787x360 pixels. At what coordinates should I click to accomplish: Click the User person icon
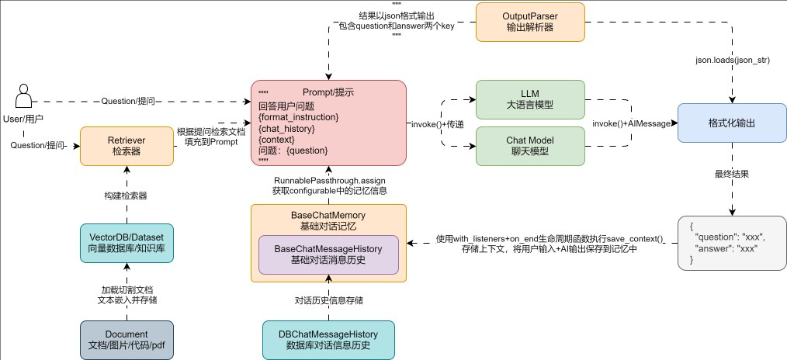[23, 95]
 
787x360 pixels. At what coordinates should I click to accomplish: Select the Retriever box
[127, 146]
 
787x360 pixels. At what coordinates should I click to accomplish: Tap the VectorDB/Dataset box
[127, 243]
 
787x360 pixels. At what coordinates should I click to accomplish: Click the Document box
[127, 340]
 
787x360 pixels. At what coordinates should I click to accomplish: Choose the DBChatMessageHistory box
[328, 340]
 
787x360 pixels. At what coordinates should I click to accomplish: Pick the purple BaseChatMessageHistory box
[328, 254]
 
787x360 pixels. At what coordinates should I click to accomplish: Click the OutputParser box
[530, 22]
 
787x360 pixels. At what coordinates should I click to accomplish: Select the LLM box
[530, 100]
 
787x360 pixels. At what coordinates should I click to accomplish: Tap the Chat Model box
[530, 146]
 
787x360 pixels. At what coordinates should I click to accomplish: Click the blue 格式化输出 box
[732, 123]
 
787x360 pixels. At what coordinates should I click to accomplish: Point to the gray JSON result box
[732, 243]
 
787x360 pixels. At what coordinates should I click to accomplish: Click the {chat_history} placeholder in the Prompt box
[286, 129]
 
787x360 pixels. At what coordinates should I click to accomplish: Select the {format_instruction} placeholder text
[299, 117]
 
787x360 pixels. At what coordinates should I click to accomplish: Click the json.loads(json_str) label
[733, 61]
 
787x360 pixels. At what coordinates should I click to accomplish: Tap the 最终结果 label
[732, 174]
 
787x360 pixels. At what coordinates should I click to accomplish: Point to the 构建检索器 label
[126, 196]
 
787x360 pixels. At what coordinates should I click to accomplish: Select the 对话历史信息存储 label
[329, 301]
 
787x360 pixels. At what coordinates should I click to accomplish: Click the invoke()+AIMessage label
[632, 123]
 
